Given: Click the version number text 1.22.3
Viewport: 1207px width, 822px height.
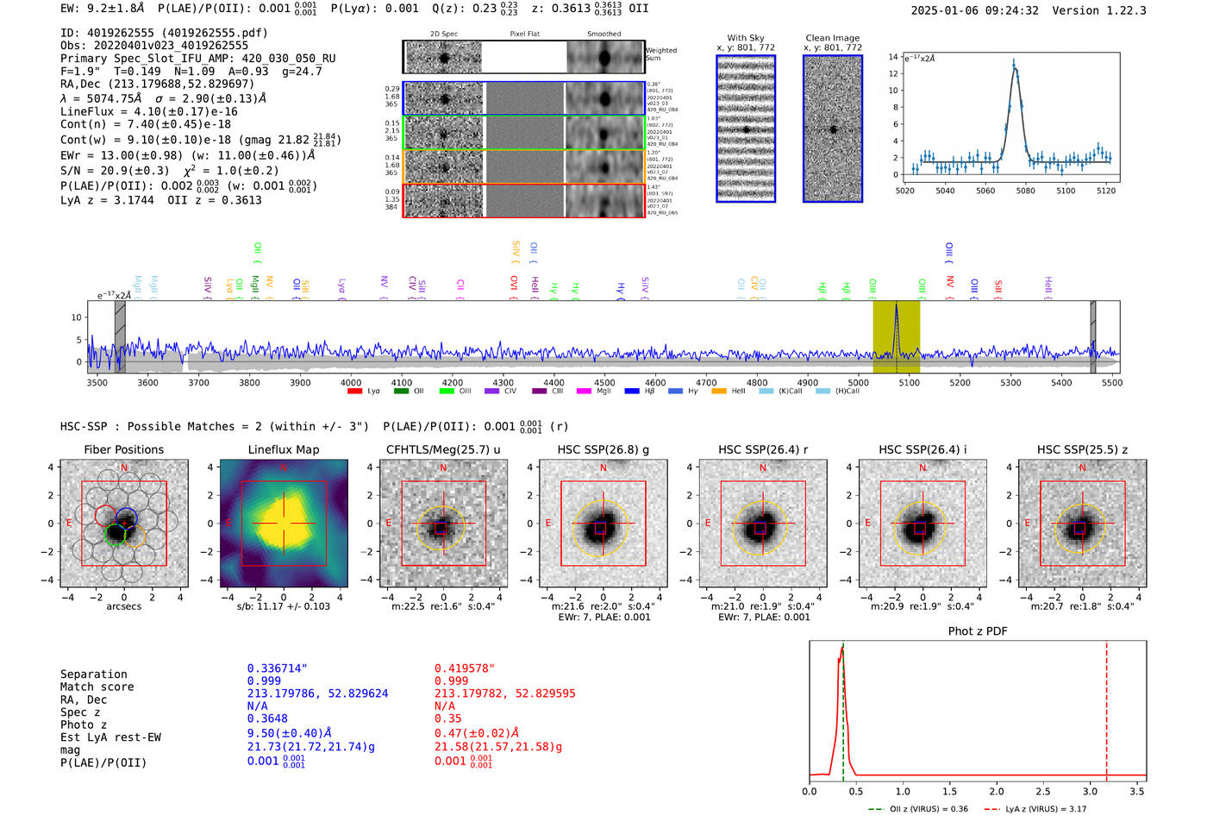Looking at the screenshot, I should click(x=1122, y=10).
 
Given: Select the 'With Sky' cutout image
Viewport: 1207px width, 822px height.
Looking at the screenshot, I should click(x=746, y=129).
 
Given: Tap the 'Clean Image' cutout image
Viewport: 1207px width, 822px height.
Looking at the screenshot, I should click(x=833, y=129).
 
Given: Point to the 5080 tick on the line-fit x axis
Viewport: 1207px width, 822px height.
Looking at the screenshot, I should click(x=1025, y=190).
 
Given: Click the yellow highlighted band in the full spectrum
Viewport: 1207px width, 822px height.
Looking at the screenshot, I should click(x=897, y=336).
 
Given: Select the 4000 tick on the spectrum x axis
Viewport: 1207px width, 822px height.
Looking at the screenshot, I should click(x=351, y=382).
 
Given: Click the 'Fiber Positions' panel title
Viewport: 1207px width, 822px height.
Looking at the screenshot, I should click(x=123, y=449).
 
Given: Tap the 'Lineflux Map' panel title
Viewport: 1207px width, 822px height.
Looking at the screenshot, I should click(x=284, y=449).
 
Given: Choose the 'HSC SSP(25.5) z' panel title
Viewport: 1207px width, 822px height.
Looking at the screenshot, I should click(x=1082, y=449).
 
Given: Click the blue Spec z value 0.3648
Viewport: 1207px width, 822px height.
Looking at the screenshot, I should click(x=267, y=718).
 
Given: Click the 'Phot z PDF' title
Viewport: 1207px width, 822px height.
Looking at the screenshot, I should click(x=978, y=631).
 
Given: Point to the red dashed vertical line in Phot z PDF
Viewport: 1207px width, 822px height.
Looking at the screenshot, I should click(x=1106, y=707).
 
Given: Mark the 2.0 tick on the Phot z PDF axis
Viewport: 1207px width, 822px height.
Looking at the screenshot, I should click(x=997, y=791).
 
